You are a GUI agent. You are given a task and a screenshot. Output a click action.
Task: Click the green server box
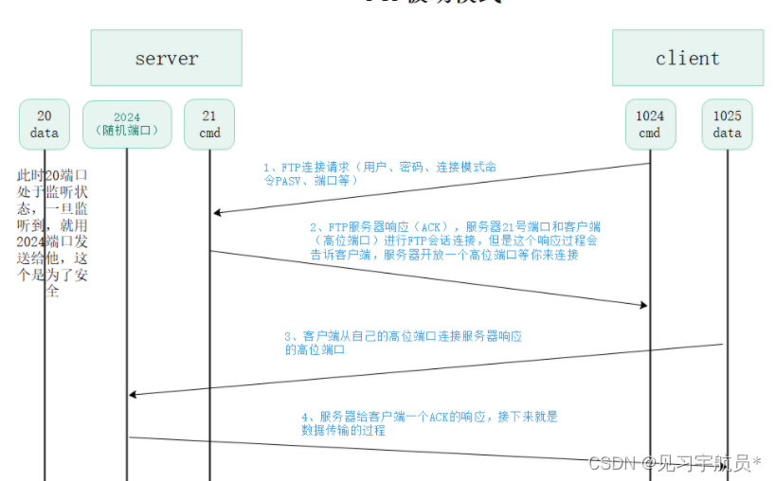coord(166,58)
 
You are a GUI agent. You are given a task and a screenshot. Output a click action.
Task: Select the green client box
coord(687,58)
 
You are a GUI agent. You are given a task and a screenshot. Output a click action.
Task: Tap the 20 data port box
coord(45,124)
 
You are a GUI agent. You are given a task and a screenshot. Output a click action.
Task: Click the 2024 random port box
coord(127,124)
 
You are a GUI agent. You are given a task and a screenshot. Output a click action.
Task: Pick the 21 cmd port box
coord(209,124)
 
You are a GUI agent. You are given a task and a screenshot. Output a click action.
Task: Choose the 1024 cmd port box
coord(649,124)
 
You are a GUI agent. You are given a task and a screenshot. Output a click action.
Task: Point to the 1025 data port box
coord(727,124)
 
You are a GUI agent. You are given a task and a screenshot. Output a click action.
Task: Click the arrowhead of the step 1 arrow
coord(217,213)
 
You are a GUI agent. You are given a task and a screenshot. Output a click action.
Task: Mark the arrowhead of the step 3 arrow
coord(134,394)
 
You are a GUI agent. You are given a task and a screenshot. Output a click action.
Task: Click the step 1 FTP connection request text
coord(379,173)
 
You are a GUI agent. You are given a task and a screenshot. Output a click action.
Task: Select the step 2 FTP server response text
coord(455,240)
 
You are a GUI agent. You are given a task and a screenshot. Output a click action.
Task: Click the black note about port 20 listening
coord(52,233)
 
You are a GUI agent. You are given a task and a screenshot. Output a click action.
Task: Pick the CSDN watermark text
coord(675,463)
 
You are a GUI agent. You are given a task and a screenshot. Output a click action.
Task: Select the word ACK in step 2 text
coord(427,227)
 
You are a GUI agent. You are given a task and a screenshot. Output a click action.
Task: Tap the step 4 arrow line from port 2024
coord(379,450)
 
